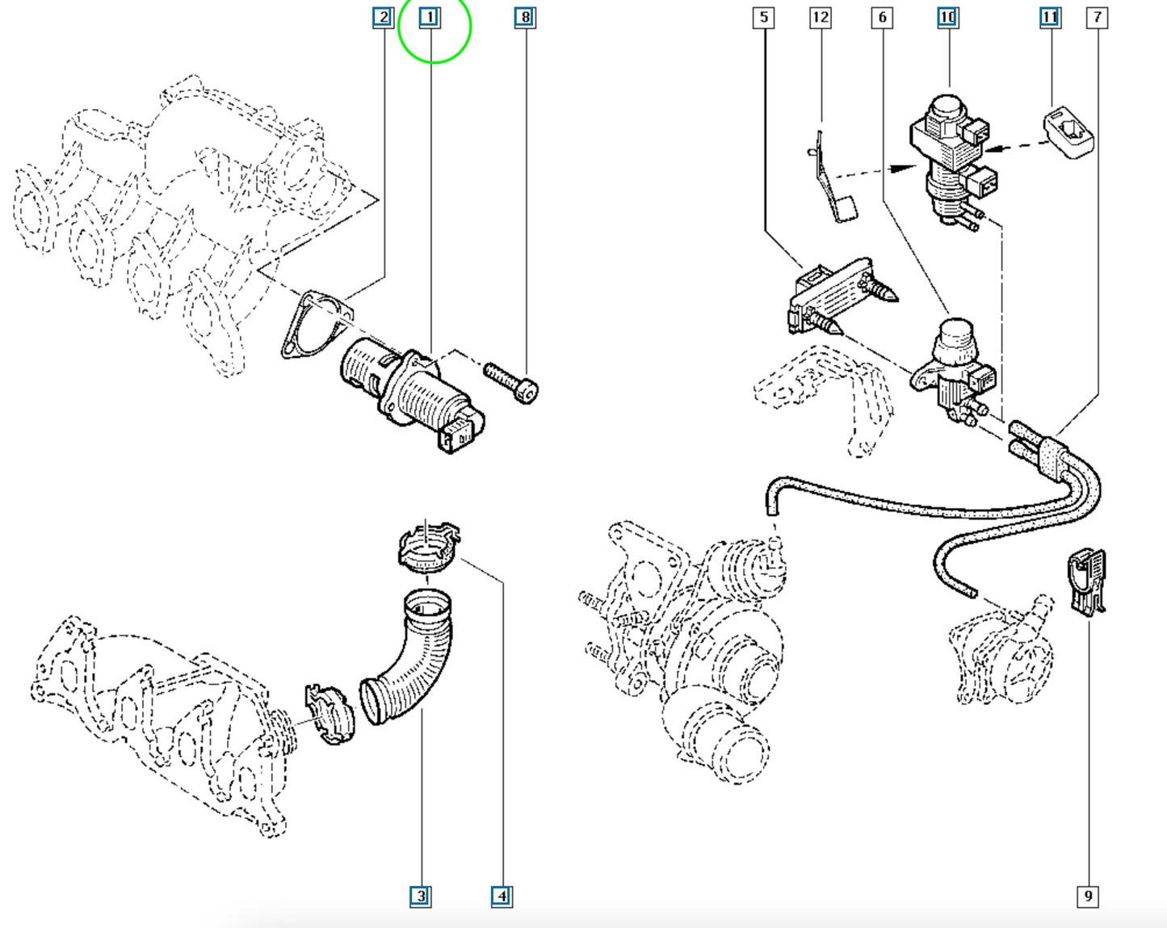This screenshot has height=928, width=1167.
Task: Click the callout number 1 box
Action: click(x=430, y=17)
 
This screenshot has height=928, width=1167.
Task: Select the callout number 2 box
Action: click(x=384, y=17)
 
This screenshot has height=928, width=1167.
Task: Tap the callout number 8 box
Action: click(x=525, y=17)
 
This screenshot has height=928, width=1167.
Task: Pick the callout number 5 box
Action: click(x=763, y=17)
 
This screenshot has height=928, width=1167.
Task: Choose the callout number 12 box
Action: click(x=821, y=17)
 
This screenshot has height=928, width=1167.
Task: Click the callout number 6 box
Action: click(x=882, y=17)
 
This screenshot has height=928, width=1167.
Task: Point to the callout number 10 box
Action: click(x=947, y=17)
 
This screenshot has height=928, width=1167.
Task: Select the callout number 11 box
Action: click(x=1051, y=17)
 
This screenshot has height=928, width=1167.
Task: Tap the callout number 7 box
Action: click(x=1097, y=17)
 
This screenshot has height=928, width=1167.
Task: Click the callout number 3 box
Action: click(x=421, y=897)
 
